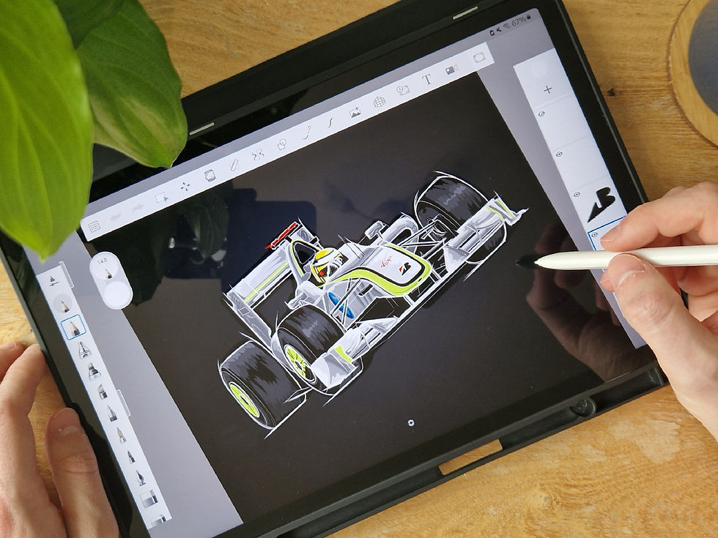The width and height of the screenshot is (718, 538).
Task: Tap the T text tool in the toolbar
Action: point(426,80)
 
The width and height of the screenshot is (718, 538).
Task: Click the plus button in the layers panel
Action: point(547,89)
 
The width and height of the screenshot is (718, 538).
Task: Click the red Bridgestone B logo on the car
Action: point(402,267)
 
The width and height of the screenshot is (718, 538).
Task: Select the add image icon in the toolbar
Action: point(355,112)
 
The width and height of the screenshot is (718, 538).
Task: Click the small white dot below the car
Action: point(410,422)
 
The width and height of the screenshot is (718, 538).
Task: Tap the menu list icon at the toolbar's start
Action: point(94,228)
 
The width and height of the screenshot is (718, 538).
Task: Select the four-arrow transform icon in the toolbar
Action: point(185,187)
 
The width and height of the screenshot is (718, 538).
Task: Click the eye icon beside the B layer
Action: point(576,195)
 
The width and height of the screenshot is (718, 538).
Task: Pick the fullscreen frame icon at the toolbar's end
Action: point(479,57)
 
